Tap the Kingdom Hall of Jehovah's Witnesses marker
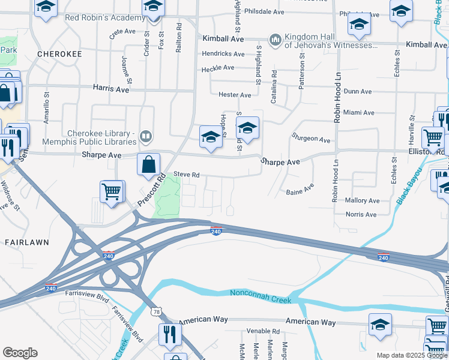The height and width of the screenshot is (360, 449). [x=276, y=39]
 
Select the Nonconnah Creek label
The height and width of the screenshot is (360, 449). [x=261, y=294]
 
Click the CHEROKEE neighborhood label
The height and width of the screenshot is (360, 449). [x=59, y=53]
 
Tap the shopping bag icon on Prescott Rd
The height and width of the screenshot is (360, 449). [x=149, y=163]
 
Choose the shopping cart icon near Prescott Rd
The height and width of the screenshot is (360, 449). [x=112, y=191]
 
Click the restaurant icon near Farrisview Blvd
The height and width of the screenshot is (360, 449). [x=170, y=333]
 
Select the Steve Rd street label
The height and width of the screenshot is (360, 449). [x=186, y=175]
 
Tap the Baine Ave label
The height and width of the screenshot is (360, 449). [x=300, y=191]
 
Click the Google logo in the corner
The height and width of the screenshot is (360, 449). [x=20, y=353]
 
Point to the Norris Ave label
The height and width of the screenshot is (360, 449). [x=361, y=214]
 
